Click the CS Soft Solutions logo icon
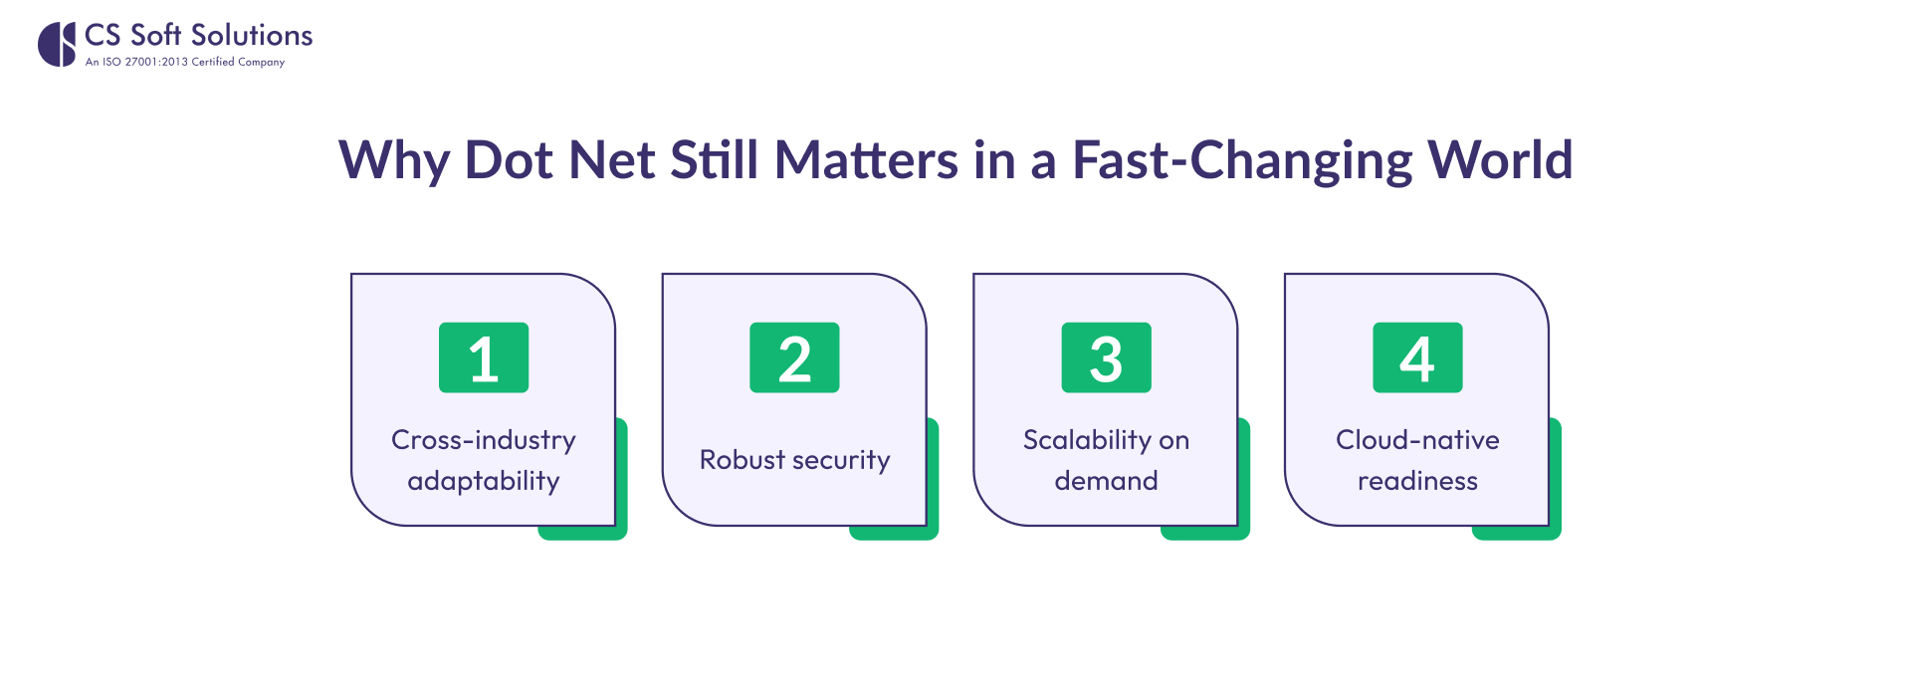(x=57, y=44)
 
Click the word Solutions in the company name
(x=252, y=35)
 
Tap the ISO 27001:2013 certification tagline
(x=185, y=62)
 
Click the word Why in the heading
(x=394, y=161)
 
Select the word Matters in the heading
(x=866, y=159)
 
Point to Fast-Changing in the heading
(x=1242, y=161)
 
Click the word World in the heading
(x=1500, y=159)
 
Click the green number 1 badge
(x=484, y=357)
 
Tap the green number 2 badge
(x=794, y=357)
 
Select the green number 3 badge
(x=1106, y=357)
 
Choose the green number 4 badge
(x=1417, y=357)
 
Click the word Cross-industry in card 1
(x=484, y=440)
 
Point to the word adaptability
(x=484, y=482)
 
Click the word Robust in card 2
(x=743, y=460)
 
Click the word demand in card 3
(x=1106, y=481)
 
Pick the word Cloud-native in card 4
(x=1417, y=440)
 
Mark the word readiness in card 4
(x=1417, y=481)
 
